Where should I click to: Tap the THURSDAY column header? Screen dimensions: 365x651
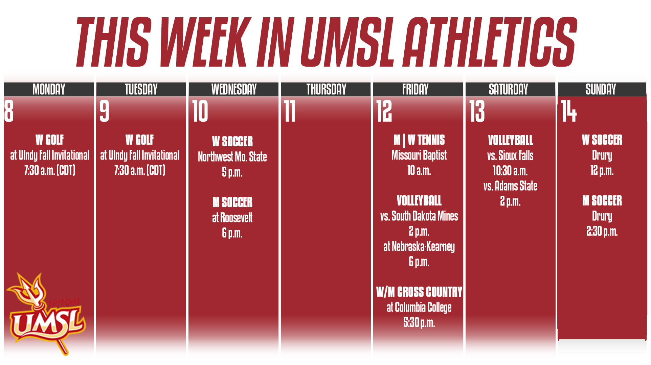[326, 89]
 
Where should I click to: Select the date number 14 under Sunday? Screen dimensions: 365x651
[568, 111]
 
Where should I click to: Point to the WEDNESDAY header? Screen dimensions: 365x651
[234, 89]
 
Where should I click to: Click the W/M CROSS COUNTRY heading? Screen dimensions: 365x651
[419, 292]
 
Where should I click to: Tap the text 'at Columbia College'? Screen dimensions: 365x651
[419, 307]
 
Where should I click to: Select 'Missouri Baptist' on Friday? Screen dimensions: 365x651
[419, 155]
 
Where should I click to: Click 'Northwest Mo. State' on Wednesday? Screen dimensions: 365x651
[232, 157]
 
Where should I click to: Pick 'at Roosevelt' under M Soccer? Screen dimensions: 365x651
[232, 218]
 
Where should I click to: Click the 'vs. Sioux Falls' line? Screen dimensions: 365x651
[510, 155]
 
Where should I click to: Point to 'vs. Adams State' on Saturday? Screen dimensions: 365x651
[510, 186]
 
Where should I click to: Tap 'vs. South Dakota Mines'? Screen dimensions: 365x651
[419, 216]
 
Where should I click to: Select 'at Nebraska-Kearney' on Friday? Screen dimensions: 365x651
[419, 247]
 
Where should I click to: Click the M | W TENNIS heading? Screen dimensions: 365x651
[419, 140]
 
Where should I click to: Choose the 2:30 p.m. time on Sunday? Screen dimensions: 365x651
[602, 232]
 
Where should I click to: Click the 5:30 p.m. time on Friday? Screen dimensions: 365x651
[419, 323]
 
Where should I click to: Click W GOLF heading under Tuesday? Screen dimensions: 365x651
[139, 140]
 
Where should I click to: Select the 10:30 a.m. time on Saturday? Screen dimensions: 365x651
[510, 171]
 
